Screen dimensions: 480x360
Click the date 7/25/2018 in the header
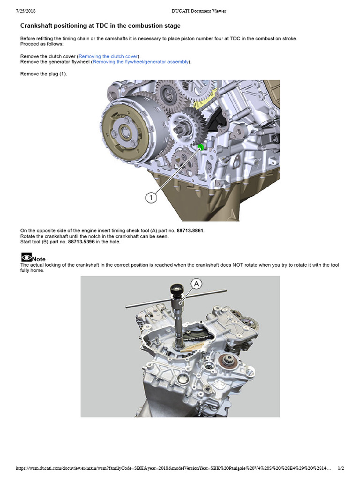tap(27, 11)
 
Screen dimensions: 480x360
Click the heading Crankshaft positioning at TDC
tap(100, 26)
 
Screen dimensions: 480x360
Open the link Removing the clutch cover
tap(108, 56)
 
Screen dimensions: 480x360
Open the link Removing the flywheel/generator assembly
tap(141, 62)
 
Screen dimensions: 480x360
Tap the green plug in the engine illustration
tap(200, 148)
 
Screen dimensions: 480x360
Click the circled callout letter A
tap(196, 284)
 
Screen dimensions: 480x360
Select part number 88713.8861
tap(190, 231)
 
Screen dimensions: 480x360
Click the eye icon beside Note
tap(26, 257)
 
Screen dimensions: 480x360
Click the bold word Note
tap(39, 259)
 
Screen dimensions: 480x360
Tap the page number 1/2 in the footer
tap(341, 468)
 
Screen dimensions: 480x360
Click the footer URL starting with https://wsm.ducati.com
tap(173, 468)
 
